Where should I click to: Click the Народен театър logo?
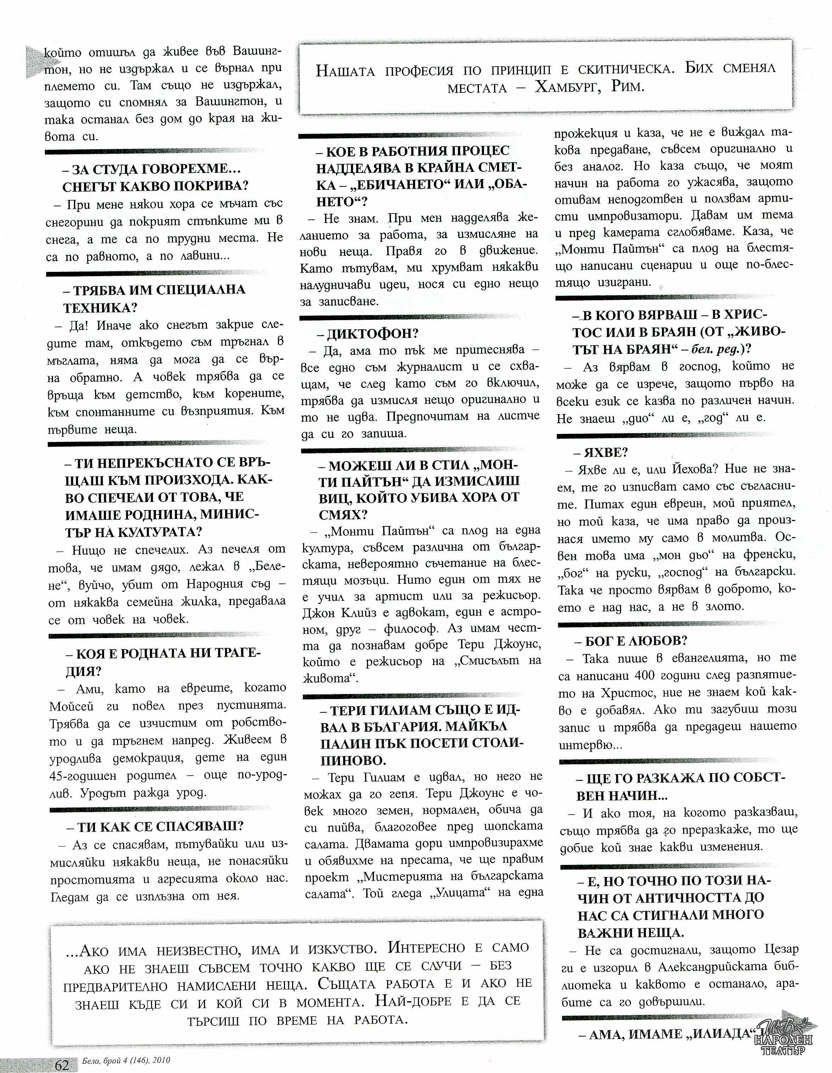point(784,1038)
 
